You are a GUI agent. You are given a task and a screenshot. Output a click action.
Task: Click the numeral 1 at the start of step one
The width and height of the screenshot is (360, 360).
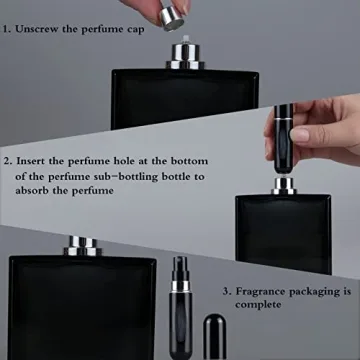point(7,29)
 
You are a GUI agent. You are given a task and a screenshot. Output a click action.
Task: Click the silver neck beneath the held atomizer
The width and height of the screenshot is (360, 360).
point(283,185)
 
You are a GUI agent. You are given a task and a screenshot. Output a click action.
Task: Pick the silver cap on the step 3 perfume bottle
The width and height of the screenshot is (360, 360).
point(80,246)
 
